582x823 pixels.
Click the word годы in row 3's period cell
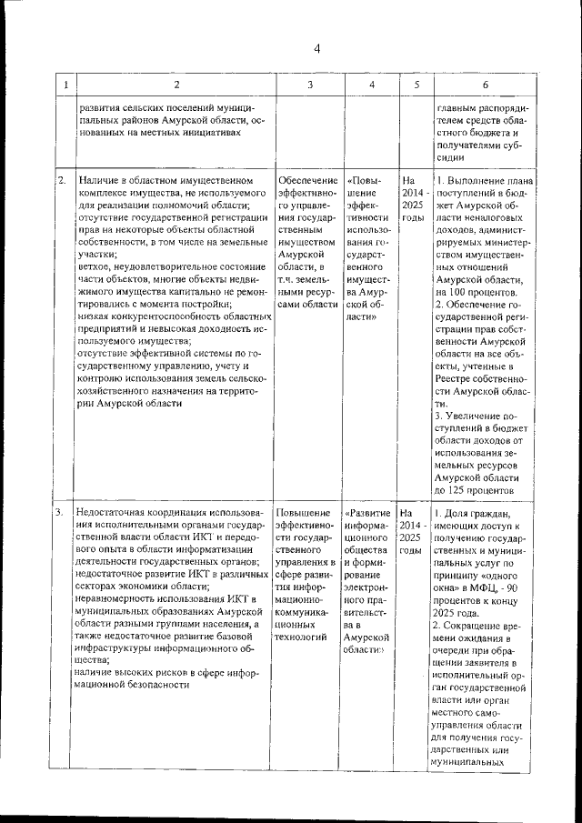click(x=412, y=551)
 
